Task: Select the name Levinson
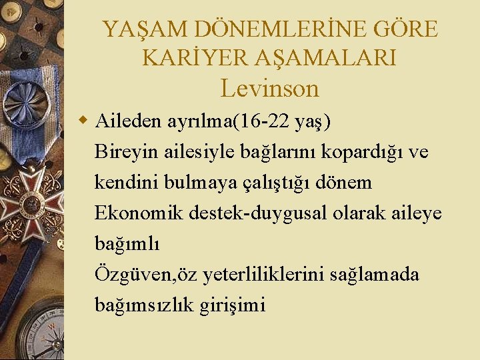[270, 88]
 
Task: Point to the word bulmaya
[201, 183]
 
